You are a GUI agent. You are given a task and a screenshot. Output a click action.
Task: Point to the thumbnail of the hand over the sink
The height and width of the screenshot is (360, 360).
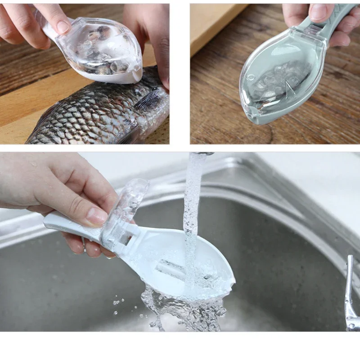[96, 216]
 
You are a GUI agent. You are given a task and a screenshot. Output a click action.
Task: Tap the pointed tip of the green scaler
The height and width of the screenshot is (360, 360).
[247, 115]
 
